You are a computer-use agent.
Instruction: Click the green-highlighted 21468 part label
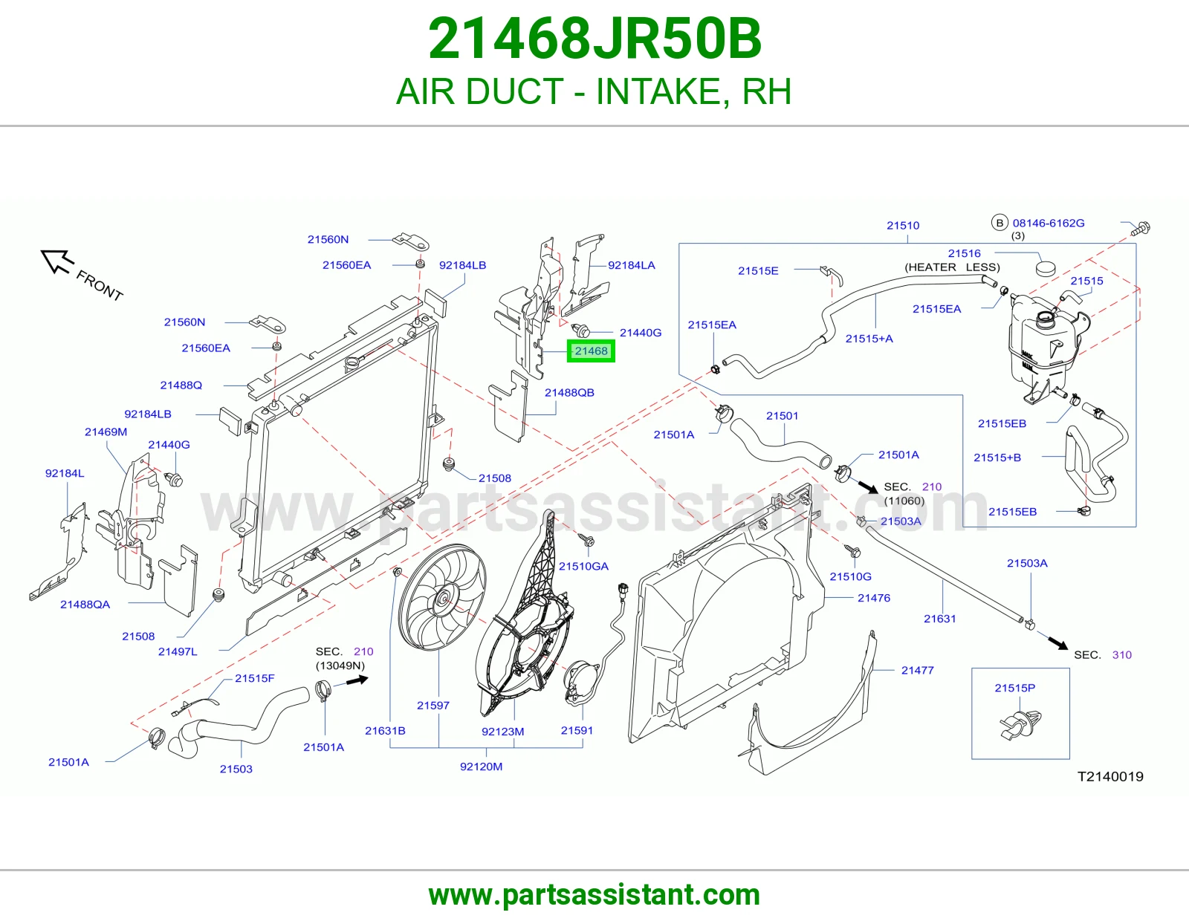[591, 351]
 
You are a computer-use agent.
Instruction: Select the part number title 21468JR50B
[594, 39]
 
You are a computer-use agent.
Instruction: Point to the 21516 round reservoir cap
[1046, 269]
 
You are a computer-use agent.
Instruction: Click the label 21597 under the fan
[432, 706]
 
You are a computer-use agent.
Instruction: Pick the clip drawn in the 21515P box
[1020, 725]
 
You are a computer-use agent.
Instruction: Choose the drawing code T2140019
[1110, 777]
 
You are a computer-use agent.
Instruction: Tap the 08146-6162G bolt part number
[1049, 223]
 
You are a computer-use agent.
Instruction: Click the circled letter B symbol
[1000, 223]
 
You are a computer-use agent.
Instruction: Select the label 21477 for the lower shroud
[918, 671]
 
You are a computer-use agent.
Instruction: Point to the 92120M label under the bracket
[481, 767]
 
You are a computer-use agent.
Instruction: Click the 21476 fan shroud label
[874, 599]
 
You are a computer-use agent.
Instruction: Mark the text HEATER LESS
[952, 267]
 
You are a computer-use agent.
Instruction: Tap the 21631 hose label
[939, 619]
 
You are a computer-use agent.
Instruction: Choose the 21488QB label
[569, 393]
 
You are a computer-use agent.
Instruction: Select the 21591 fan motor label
[577, 731]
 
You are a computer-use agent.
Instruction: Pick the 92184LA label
[632, 265]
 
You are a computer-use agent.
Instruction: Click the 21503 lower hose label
[236, 769]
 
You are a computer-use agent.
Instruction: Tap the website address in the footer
[594, 895]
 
